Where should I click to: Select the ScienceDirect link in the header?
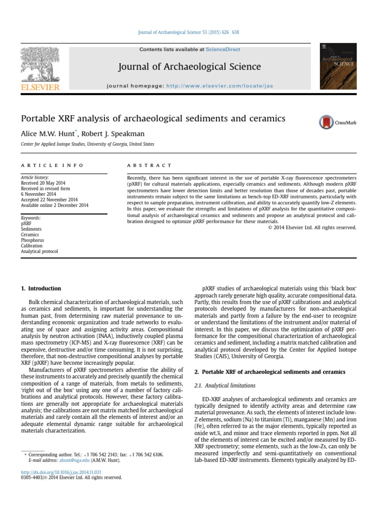(x=223, y=50)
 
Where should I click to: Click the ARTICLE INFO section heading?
(x=52, y=165)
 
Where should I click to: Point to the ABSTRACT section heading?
(x=149, y=165)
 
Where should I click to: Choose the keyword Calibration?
(x=31, y=246)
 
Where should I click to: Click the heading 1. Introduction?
(x=40, y=289)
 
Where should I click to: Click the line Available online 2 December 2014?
(x=54, y=205)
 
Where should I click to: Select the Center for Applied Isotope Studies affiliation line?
(x=87, y=144)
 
